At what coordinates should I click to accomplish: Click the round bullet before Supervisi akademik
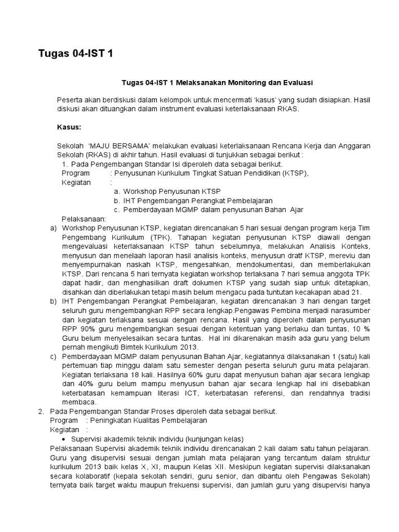click(x=71, y=438)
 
